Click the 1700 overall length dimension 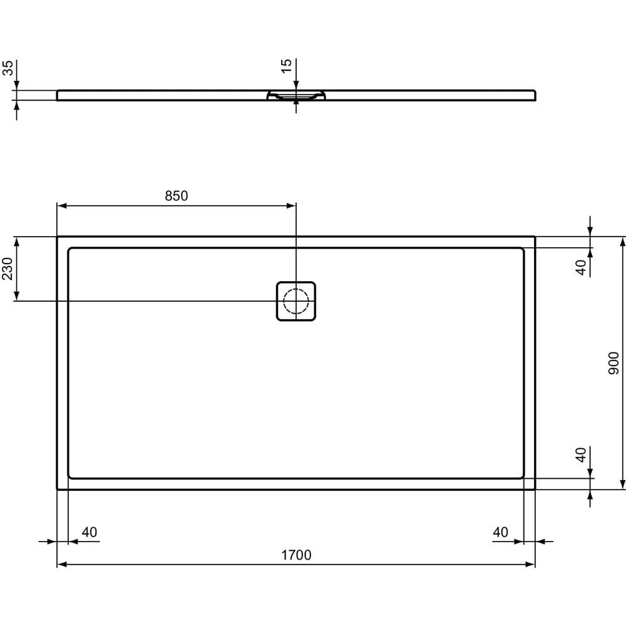296,555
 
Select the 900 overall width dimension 613,363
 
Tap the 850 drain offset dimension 177,196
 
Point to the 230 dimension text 8,269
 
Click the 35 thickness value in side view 8,68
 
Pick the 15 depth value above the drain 286,66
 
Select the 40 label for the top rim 582,267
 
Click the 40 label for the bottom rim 582,454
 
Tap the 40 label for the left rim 90,532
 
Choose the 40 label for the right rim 500,532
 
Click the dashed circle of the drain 296,301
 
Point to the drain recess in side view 296,96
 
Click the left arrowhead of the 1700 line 61,565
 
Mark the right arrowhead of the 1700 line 531,565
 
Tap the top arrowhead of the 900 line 622,241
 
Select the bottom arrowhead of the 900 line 622,485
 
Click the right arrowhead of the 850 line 291,205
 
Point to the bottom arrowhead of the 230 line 18,297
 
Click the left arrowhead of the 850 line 61,205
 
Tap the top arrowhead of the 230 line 18,241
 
